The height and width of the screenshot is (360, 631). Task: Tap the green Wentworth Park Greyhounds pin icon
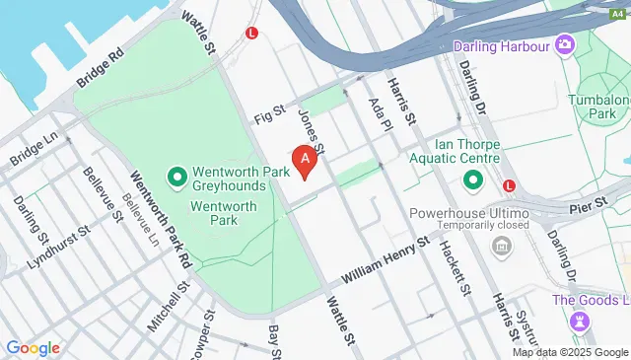pos(177,179)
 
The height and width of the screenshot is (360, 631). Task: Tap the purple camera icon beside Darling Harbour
pos(564,44)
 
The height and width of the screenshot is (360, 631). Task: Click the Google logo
pos(33,347)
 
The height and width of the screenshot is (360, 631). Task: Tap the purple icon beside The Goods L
pos(579,322)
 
